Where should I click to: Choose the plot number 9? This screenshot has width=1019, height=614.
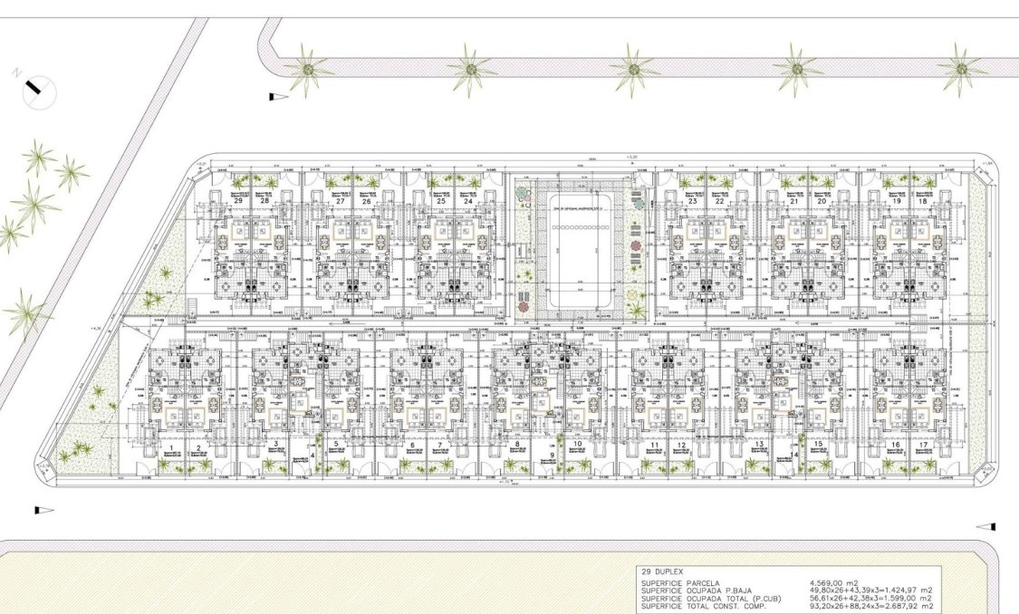point(551,456)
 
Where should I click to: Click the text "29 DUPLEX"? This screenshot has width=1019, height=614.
point(663,573)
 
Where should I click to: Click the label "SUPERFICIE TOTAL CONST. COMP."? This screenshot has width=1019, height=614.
point(716,606)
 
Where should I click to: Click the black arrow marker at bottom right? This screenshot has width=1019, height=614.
point(985,525)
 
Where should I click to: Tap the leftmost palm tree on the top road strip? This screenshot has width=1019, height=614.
point(309,70)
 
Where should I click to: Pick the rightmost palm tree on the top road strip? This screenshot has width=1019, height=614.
point(961,68)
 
